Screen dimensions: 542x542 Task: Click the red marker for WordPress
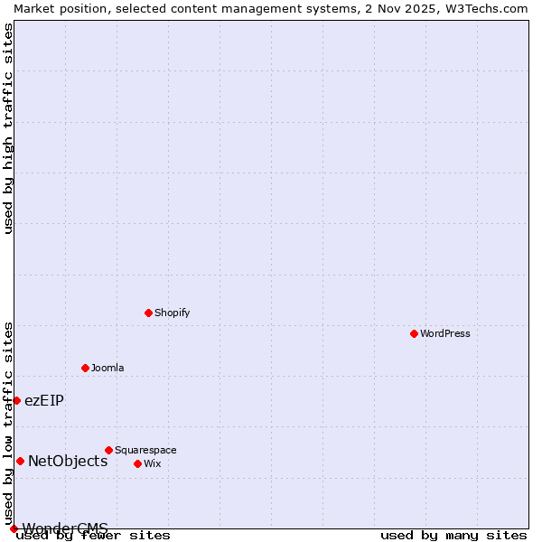click(x=414, y=333)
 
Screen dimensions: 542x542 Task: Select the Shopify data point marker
click(x=148, y=313)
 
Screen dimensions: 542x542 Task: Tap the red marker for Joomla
click(x=85, y=368)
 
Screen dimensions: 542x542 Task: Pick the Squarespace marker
click(x=108, y=450)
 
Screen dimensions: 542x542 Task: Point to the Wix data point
click(x=137, y=463)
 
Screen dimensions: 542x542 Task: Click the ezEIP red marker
click(x=16, y=400)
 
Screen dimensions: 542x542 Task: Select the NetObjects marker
click(x=20, y=461)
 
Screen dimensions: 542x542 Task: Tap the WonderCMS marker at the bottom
click(x=14, y=528)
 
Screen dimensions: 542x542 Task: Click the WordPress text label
click(x=445, y=333)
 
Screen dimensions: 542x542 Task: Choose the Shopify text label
click(x=172, y=313)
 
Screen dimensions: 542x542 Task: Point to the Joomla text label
click(x=107, y=368)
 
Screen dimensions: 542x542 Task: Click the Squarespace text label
click(x=145, y=450)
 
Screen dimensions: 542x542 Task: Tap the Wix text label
click(x=152, y=463)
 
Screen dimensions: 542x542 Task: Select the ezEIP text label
click(x=44, y=400)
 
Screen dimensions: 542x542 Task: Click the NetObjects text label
click(x=68, y=461)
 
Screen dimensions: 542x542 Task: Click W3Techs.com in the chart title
click(x=484, y=8)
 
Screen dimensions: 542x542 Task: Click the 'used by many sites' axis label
click(x=453, y=535)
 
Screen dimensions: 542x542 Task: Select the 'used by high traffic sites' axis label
click(x=9, y=128)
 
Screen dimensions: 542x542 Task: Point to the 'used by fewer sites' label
click(x=94, y=535)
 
